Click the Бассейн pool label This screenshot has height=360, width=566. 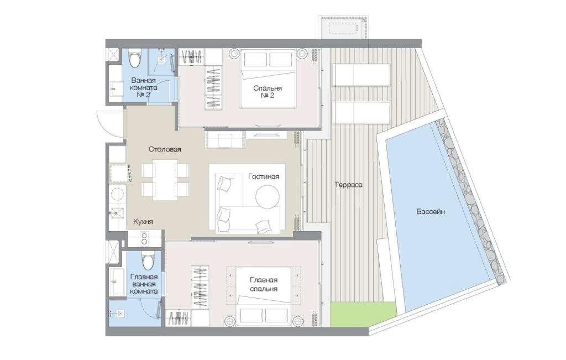430,212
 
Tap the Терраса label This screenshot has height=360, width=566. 348,185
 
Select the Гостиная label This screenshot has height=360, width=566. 264,176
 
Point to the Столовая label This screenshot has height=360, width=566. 165,149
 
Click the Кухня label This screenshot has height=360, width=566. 143,222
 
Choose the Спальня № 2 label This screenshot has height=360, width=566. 268,92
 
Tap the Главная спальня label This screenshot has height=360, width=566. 264,284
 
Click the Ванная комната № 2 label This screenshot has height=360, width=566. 144,87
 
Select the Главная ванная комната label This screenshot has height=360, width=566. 144,284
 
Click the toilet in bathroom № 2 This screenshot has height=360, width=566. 135,59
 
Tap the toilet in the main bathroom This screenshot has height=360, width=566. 147,260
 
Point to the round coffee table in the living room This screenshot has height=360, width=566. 267,196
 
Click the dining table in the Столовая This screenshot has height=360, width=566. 165,180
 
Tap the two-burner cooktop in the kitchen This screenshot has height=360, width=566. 144,239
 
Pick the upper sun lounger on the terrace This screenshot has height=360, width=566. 361,75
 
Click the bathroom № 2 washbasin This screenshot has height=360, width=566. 116,88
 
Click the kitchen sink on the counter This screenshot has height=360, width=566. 116,213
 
